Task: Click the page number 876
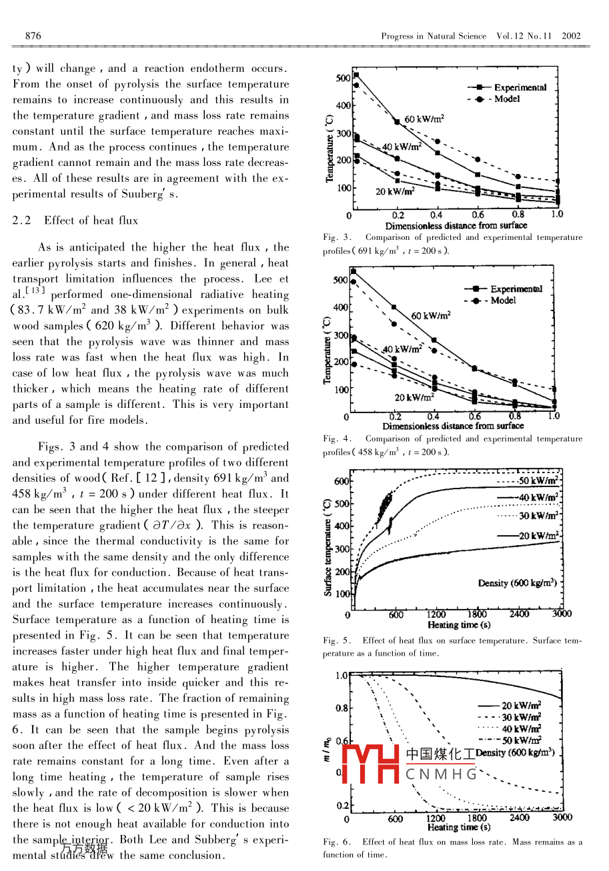pyautogui.click(x=33, y=35)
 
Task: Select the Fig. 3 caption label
pyautogui.click(x=333, y=237)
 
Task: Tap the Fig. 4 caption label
pyautogui.click(x=333, y=438)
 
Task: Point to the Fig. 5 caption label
pyautogui.click(x=333, y=641)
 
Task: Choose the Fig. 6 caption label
pyautogui.click(x=333, y=842)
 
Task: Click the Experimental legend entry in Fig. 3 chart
pyautogui.click(x=520, y=87)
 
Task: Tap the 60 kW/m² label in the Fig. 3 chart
pyautogui.click(x=425, y=119)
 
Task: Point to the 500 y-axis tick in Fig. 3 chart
pyautogui.click(x=343, y=78)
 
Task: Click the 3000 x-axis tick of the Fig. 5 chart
pyautogui.click(x=562, y=614)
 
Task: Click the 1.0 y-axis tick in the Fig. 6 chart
pyautogui.click(x=341, y=675)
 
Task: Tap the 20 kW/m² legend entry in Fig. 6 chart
pyautogui.click(x=521, y=705)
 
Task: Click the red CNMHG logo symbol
pyautogui.click(x=371, y=764)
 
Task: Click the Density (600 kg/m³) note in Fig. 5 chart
pyautogui.click(x=517, y=583)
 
